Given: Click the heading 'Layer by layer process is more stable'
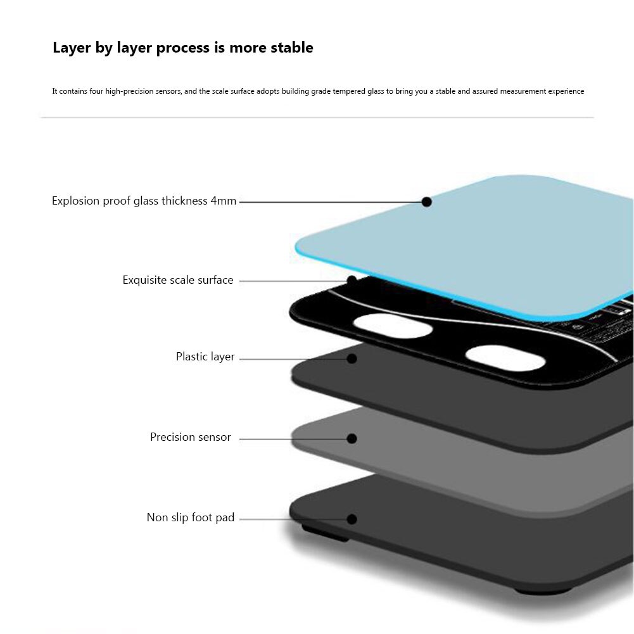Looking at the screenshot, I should pos(182,48).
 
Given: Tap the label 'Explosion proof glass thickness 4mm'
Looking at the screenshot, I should pos(144,201).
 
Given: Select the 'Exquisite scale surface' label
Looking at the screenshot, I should pos(178,280).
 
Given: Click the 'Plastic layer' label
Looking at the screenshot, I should pos(205,357).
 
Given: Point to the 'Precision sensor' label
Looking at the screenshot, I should pos(190,437).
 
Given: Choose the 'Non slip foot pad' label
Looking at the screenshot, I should pos(191,518).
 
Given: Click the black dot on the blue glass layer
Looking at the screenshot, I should pos(427,202).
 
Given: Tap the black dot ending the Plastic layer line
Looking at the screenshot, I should pos(352,358).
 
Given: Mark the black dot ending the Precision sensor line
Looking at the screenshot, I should pos(352,438).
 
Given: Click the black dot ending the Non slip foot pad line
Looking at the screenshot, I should pos(352,519).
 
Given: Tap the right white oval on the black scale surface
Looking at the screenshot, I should pos(505,358).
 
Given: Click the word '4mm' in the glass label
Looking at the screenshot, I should pos(224,201).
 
